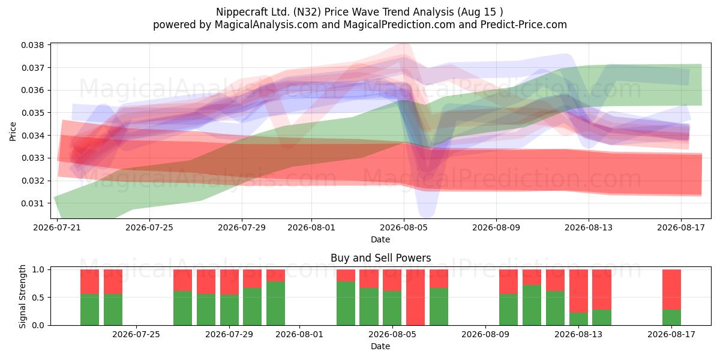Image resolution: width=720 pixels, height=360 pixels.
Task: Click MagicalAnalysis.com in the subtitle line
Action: (266, 25)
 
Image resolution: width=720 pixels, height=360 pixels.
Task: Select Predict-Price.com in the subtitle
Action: (524, 25)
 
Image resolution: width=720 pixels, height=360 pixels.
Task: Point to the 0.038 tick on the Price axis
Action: (32, 45)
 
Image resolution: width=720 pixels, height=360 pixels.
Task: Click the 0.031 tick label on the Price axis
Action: (32, 203)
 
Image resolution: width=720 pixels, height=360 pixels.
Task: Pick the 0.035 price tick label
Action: (32, 113)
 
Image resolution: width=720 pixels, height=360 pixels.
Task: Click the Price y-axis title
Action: (13, 131)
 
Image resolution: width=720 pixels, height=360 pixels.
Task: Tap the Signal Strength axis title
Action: (22, 296)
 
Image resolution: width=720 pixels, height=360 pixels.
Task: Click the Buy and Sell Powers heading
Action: (380, 258)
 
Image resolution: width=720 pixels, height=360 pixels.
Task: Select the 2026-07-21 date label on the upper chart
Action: (57, 227)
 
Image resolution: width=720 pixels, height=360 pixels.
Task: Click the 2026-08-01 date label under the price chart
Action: (311, 227)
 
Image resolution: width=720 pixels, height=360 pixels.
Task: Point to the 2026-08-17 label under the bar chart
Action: (671, 335)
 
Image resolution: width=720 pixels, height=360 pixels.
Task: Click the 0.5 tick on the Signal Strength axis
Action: (38, 298)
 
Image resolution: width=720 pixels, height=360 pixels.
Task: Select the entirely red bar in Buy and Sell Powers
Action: (416, 298)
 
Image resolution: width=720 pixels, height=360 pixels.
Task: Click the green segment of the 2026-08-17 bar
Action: (672, 317)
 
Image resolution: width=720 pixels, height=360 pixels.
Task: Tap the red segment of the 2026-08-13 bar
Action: (578, 291)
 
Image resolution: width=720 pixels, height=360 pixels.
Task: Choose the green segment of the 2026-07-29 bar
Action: (229, 310)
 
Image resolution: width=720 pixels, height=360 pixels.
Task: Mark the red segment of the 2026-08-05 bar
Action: (392, 280)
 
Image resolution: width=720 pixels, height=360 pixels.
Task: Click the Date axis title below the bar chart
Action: (380, 347)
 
